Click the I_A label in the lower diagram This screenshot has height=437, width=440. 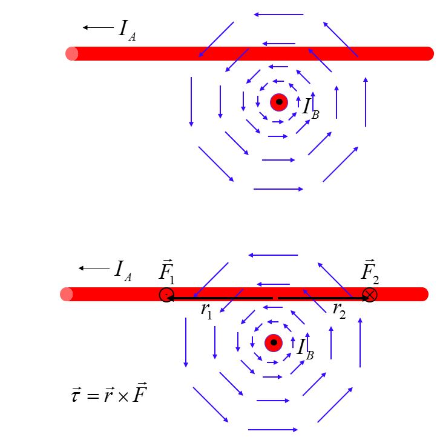123,271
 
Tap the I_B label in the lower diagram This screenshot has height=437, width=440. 305,350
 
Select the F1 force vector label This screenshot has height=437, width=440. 166,272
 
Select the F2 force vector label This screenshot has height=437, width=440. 370,272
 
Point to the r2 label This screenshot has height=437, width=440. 339,311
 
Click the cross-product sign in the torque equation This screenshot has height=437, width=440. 123,396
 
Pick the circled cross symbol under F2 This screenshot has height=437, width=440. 370,295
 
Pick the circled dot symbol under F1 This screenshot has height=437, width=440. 166,295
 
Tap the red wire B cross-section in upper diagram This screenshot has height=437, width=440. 279,102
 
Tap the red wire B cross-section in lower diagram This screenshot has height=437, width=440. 274,343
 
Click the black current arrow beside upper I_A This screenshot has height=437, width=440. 98,27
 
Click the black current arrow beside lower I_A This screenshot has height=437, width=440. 94,268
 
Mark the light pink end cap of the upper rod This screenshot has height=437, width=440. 71,53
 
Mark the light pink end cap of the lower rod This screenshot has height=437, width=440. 66,294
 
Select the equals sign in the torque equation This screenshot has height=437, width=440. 93,396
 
